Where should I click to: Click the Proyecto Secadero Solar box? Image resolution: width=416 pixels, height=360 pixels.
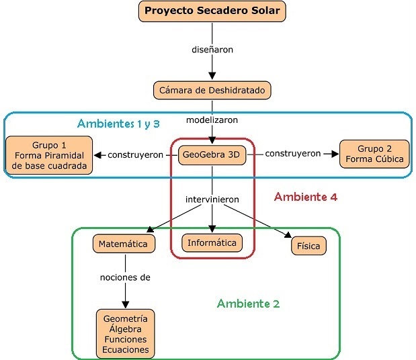pos(213,11)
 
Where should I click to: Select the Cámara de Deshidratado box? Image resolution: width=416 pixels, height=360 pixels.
pos(213,89)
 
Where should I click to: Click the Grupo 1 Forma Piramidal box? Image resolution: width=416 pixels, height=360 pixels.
pos(50,156)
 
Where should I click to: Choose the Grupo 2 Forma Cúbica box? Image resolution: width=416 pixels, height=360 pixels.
pos(374,154)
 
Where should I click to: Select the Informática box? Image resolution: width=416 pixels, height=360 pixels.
pos(212,242)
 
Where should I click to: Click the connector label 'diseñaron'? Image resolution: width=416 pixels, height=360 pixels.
pos(213,49)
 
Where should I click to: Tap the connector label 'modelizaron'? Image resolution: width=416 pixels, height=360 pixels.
pos(213,120)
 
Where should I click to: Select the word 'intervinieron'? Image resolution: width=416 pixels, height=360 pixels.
pos(213,199)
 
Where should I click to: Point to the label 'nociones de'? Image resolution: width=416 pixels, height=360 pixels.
pos(125,277)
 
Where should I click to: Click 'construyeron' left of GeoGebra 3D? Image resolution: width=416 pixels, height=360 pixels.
pos(136,155)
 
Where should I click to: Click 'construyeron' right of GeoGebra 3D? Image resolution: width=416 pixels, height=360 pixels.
pos(293,154)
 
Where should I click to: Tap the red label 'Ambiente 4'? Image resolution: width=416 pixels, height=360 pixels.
pos(306,197)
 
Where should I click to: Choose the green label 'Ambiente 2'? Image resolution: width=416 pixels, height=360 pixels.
pos(248,304)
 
